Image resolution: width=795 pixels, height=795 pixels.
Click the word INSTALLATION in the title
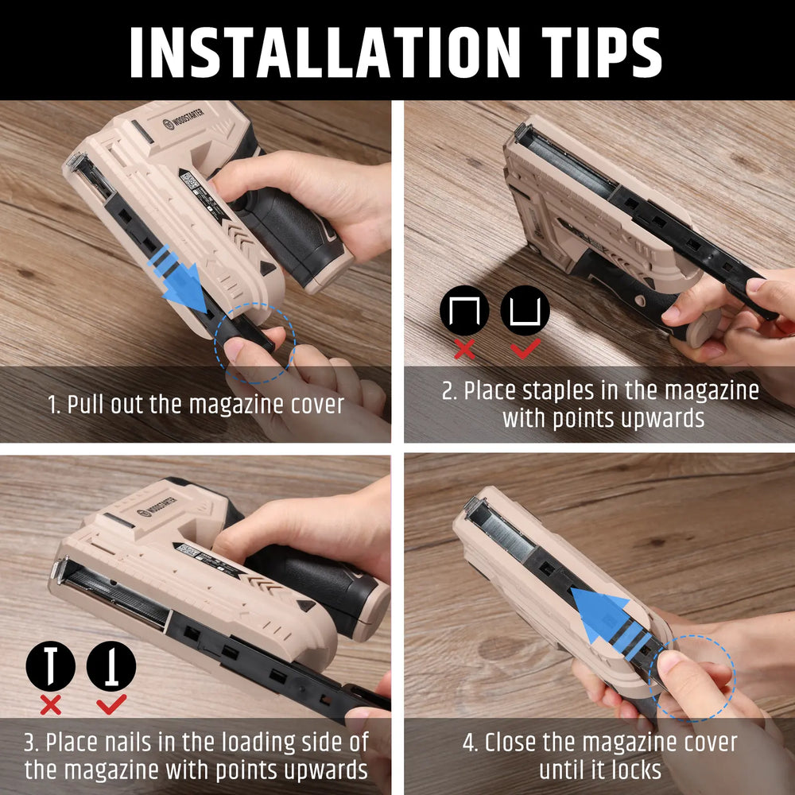pos(325,52)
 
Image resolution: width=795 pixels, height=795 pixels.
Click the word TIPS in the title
pos(601,52)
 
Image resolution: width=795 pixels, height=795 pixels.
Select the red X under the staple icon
pos(464,349)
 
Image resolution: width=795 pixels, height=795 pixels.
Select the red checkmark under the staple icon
pos(525,348)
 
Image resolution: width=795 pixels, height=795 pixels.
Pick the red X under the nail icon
pos(50,704)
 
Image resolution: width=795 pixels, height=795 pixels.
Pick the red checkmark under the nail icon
pos(111,704)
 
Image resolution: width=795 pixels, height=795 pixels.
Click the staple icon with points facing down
pos(464,310)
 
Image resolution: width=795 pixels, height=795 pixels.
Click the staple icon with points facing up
pos(525,310)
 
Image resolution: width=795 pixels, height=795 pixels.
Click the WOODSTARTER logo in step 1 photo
pos(184,118)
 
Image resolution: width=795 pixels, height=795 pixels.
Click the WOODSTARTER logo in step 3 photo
pos(157,506)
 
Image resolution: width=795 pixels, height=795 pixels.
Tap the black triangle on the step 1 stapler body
pos(266,267)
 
